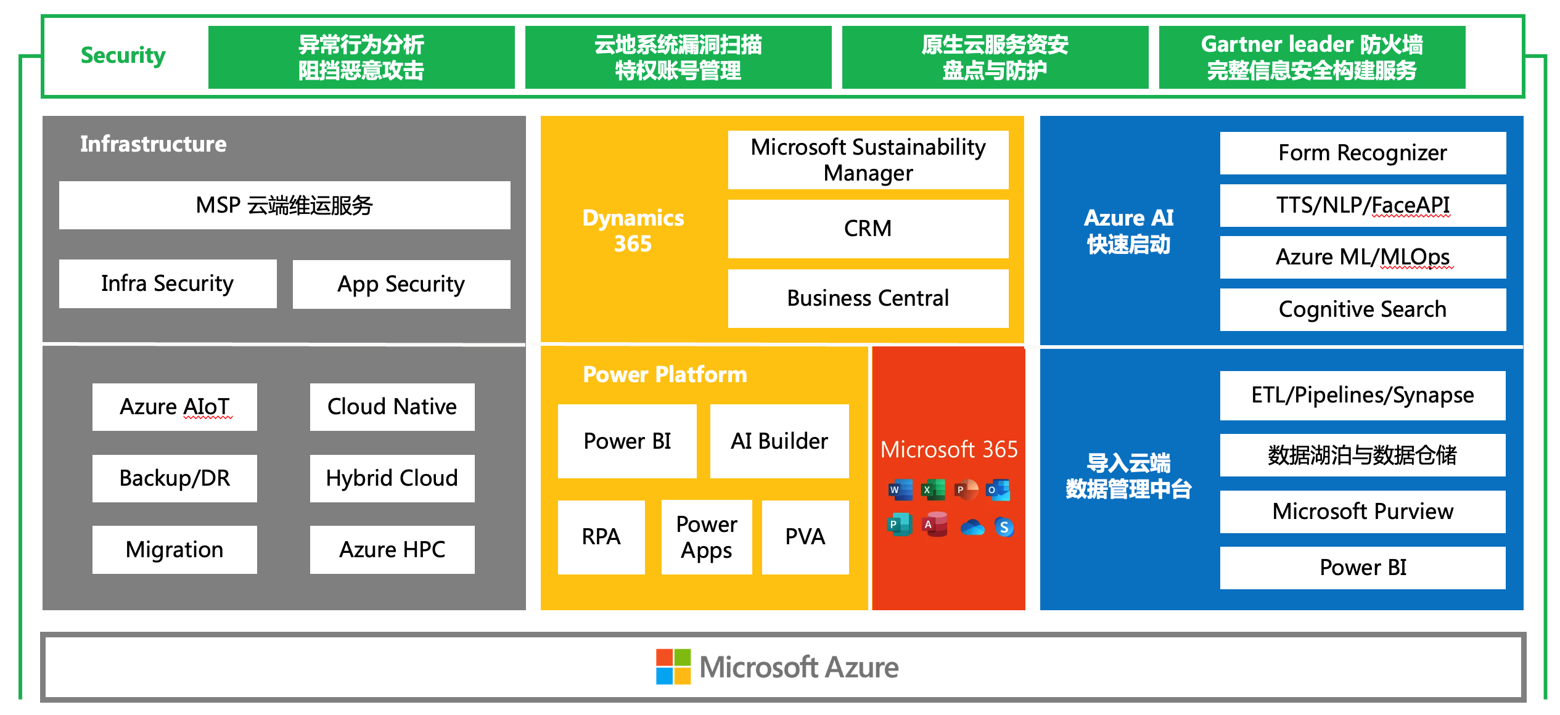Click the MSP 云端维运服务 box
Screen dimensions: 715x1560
[x=284, y=205]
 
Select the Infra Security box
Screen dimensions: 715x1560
[x=167, y=284]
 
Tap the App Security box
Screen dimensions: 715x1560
[x=401, y=284]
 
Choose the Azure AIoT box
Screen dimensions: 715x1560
[x=174, y=407]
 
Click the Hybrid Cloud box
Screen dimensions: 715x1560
[x=392, y=478]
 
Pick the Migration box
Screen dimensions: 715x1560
[x=174, y=549]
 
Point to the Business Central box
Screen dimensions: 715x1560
[x=868, y=298]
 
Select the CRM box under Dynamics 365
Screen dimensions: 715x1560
[x=868, y=229]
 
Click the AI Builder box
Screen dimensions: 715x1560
[x=779, y=441]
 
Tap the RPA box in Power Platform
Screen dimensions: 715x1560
[x=601, y=537]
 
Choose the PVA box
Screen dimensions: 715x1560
[x=805, y=537]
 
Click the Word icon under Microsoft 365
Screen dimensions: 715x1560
[x=900, y=490]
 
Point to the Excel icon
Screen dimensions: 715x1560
[x=933, y=490]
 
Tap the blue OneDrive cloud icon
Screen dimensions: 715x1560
[x=972, y=527]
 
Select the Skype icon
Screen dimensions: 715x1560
[x=1004, y=527]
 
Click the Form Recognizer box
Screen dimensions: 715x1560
[x=1362, y=153]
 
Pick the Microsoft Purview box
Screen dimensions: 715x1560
[x=1362, y=512]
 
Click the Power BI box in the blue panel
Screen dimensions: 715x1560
[x=1362, y=568]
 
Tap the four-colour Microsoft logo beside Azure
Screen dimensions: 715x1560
[x=673, y=666]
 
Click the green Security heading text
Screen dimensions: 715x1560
[x=123, y=55]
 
